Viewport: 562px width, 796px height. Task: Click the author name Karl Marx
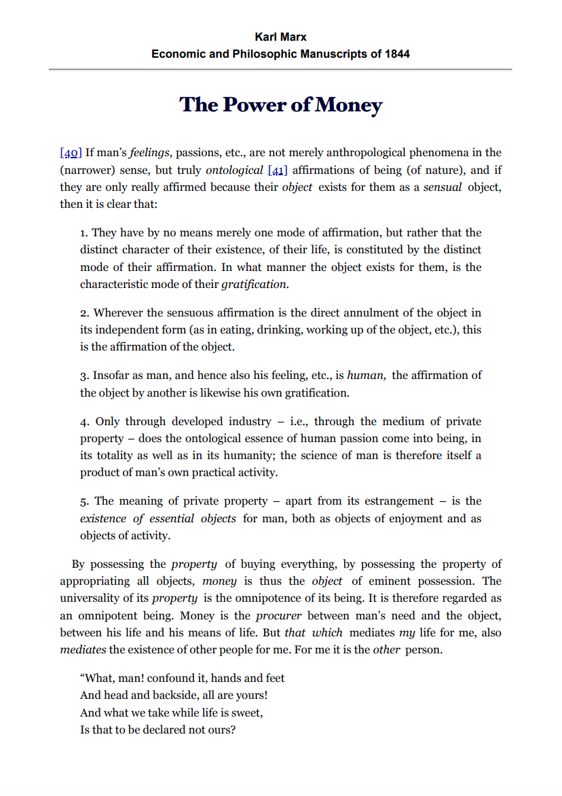(x=280, y=37)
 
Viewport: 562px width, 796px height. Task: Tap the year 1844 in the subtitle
(x=395, y=54)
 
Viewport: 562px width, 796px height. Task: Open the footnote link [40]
(x=71, y=152)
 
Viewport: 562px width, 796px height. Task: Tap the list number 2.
(x=84, y=313)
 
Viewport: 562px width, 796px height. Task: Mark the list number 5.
(x=84, y=501)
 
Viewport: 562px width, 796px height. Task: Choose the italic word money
(x=219, y=581)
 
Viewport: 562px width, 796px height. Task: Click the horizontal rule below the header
(x=280, y=69)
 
